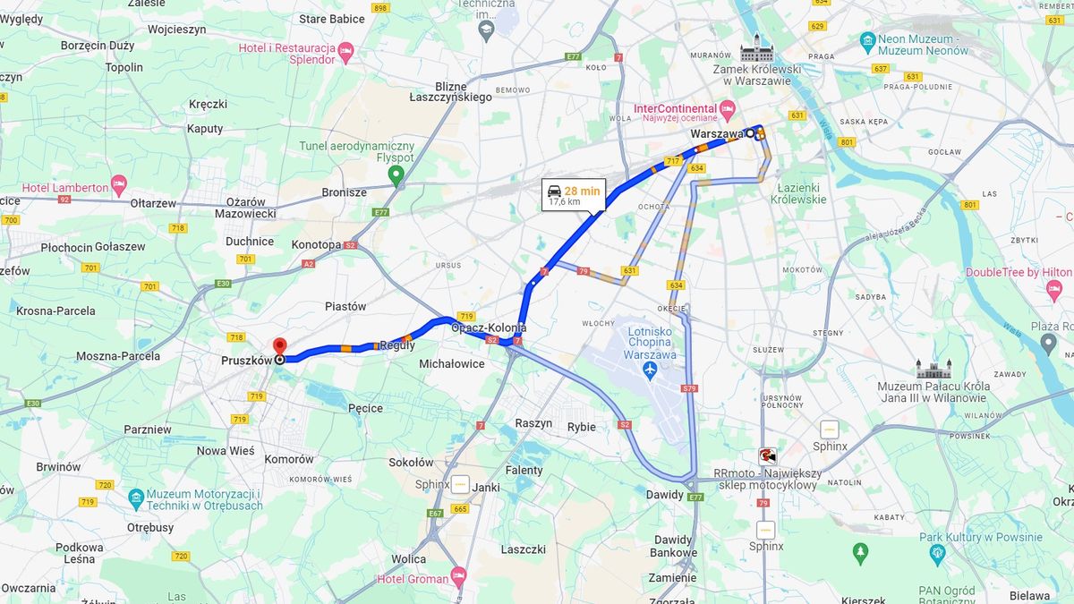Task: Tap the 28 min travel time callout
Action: [574, 195]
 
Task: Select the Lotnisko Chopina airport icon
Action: [651, 369]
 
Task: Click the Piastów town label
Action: [345, 306]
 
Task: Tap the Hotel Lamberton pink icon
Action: [119, 186]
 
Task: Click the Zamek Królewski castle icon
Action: [756, 48]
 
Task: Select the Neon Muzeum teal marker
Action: [866, 41]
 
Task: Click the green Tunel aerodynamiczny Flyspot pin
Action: [396, 174]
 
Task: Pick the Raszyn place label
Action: [533, 422]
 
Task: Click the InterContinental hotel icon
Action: [727, 109]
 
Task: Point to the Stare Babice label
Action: [332, 19]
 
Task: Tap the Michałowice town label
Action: [452, 363]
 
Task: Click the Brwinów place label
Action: [58, 466]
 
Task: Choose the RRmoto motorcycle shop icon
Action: [767, 455]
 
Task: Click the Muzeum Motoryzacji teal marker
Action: [136, 498]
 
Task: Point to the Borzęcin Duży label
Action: [98, 45]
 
